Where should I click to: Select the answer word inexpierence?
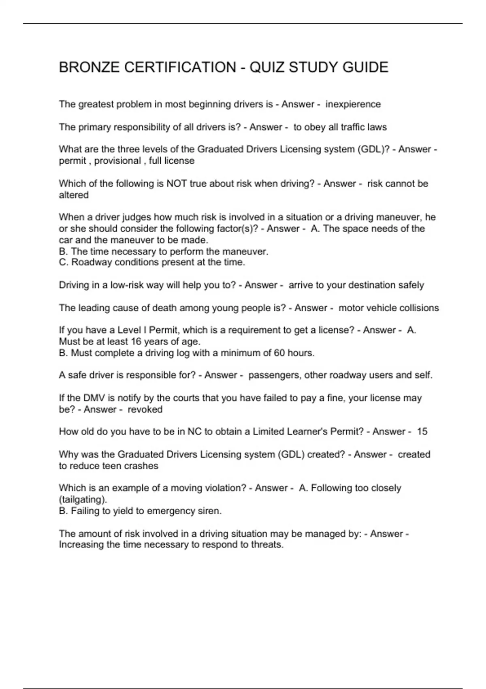[353, 104]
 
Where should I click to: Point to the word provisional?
[117, 160]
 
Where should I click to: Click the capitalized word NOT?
[176, 184]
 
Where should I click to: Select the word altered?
[74, 195]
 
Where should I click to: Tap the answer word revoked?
[145, 409]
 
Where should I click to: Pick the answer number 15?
[422, 431]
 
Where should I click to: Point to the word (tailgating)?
[83, 499]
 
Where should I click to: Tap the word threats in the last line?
[269, 544]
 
